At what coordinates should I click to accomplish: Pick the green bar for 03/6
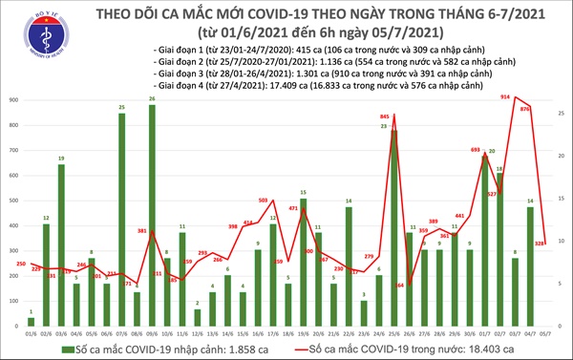click(61, 245)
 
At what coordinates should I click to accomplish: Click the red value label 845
click(385, 116)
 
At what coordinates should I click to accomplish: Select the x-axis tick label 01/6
click(31, 331)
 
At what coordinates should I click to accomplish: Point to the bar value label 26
click(152, 98)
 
